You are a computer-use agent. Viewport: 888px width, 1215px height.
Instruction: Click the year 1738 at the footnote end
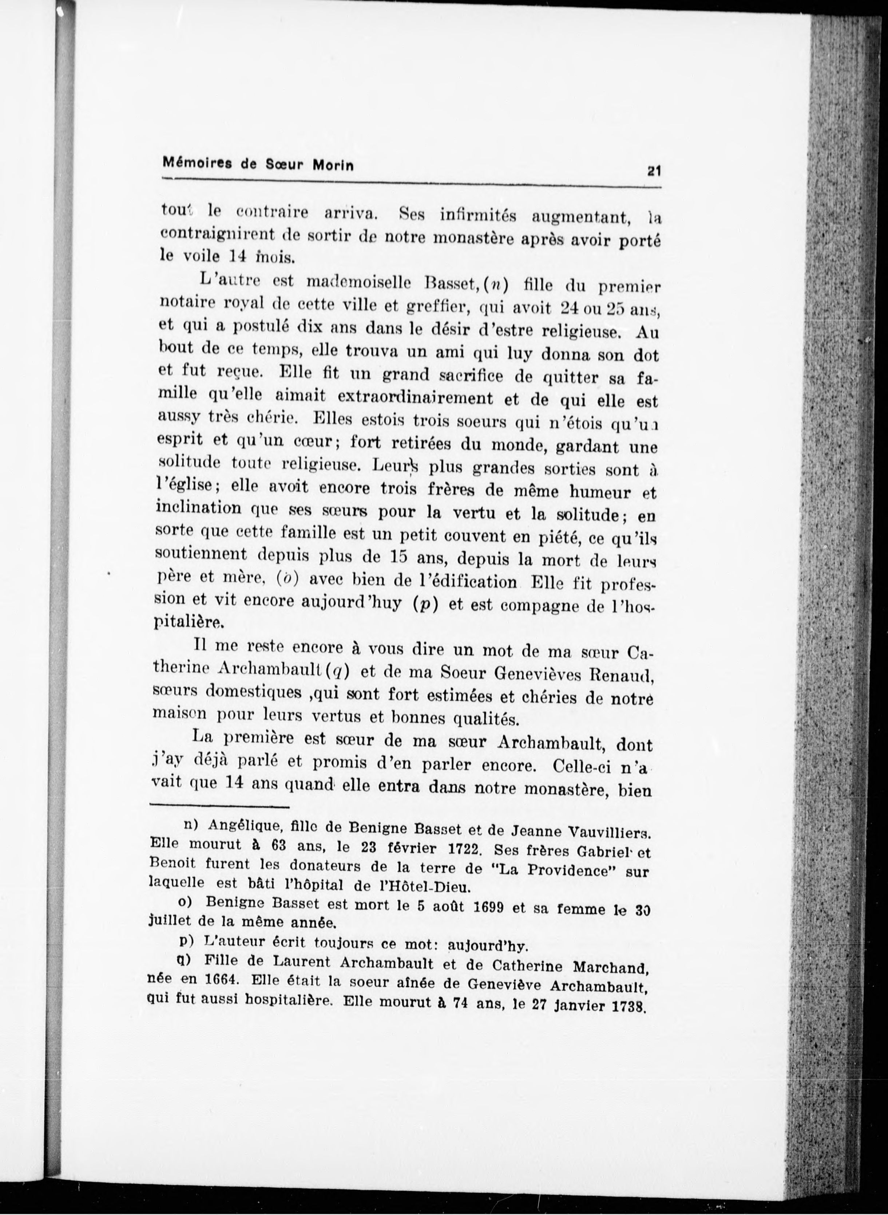[x=629, y=1007]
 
